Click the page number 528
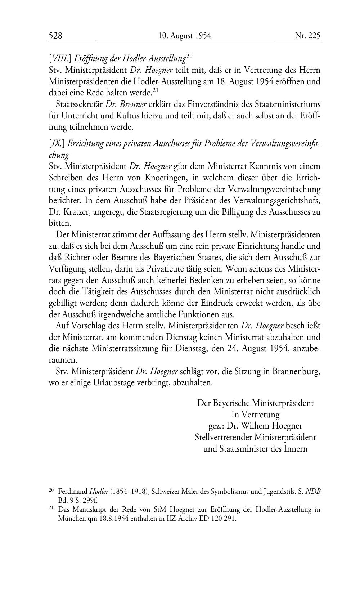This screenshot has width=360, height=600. click(x=55, y=36)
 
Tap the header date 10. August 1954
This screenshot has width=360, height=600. click(x=184, y=36)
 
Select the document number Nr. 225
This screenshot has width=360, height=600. click(x=307, y=36)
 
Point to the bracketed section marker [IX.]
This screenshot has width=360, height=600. click(x=57, y=143)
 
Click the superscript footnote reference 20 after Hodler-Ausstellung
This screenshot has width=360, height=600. click(x=190, y=56)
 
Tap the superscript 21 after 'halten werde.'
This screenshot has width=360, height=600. click(x=156, y=90)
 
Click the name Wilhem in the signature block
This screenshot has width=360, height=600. click(x=257, y=426)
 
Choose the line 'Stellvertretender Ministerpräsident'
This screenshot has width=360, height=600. click(x=255, y=437)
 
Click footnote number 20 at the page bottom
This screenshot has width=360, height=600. click(x=51, y=490)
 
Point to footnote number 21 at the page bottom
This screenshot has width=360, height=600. click(x=51, y=509)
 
